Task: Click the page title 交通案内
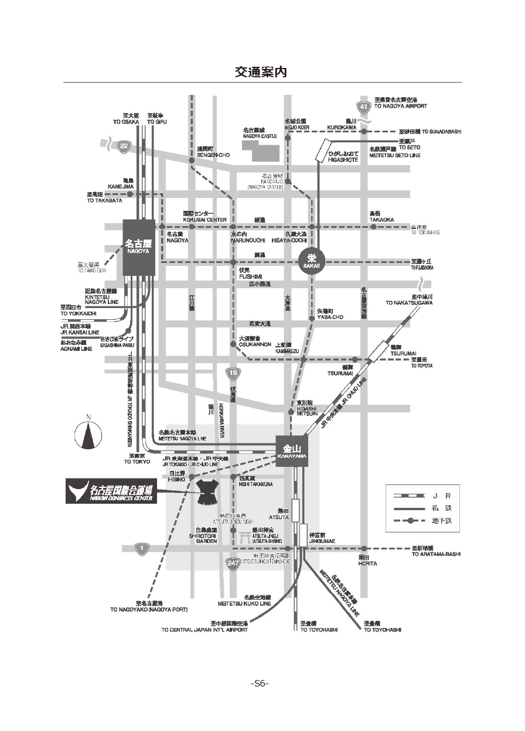pos(261,71)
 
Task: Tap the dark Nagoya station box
pos(139,247)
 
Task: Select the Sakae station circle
pos(311,258)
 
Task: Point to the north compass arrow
pos(88,434)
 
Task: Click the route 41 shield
pos(364,107)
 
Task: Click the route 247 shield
pos(232,562)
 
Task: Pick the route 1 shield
pos(141,549)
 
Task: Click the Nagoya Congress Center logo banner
pos(111,491)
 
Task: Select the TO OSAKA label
pos(126,122)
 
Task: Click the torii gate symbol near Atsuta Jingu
pos(244,535)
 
